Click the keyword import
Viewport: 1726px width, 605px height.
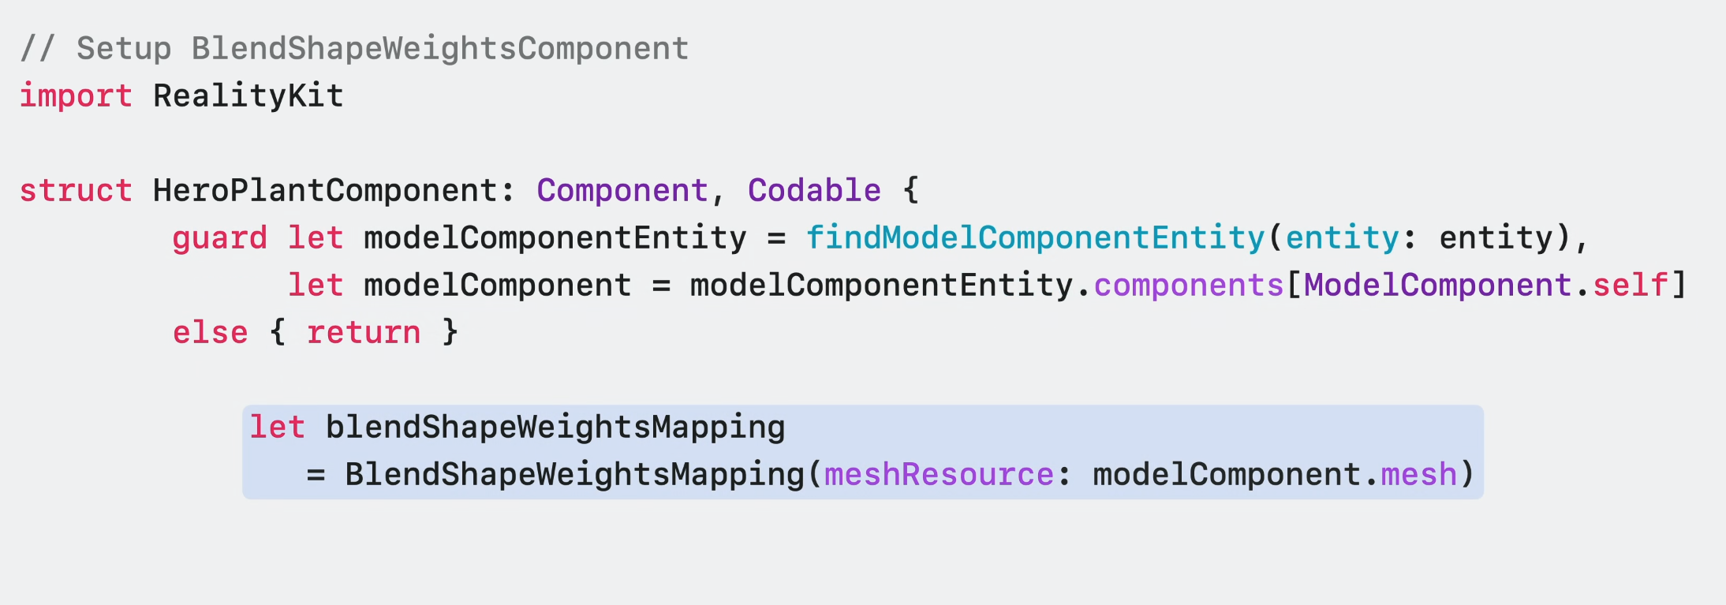point(76,96)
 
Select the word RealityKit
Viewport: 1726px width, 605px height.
point(248,96)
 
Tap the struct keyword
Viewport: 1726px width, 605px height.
point(76,191)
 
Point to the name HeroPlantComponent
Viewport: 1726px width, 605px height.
point(325,191)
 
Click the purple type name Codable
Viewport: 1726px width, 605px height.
point(814,191)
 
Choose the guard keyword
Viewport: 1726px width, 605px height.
point(220,238)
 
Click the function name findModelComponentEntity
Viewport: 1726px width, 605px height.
point(1035,238)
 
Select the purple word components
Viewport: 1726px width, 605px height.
point(1189,286)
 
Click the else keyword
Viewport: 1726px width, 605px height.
point(211,333)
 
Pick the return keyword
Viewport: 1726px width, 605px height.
point(364,333)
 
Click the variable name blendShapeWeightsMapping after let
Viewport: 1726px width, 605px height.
point(555,428)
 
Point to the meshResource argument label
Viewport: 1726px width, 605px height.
point(939,475)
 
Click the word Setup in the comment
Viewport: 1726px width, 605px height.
point(124,49)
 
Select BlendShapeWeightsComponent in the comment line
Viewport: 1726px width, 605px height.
point(440,49)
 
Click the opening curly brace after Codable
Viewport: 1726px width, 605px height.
point(911,191)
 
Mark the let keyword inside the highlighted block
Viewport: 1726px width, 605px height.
point(278,428)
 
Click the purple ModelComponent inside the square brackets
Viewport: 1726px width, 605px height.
point(1438,286)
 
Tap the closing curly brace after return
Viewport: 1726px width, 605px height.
point(450,333)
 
